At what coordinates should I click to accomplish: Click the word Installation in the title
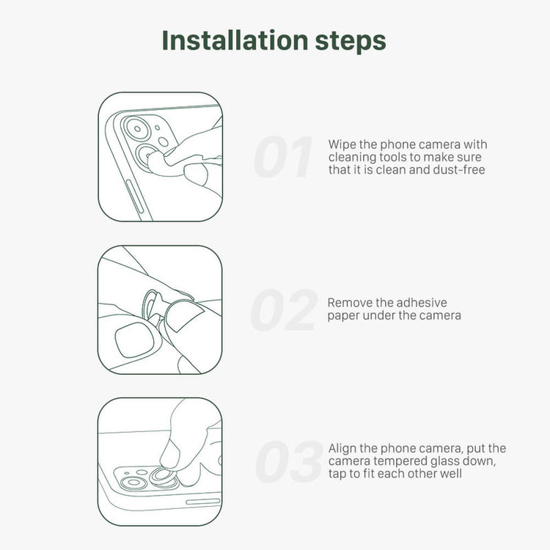tap(235, 40)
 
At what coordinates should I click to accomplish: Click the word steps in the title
tap(351, 42)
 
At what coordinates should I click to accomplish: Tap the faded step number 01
tap(283, 157)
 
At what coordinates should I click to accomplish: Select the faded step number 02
tap(284, 309)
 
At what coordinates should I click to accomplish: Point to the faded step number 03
tap(289, 461)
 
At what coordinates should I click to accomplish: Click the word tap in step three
tap(337, 474)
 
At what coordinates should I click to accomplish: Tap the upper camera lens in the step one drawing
tap(137, 129)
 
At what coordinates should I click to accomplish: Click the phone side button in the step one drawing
tap(135, 197)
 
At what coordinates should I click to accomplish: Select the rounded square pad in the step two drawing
tap(135, 340)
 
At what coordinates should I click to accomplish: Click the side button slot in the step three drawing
tap(203, 502)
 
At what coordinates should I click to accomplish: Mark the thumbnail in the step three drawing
tap(170, 453)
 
